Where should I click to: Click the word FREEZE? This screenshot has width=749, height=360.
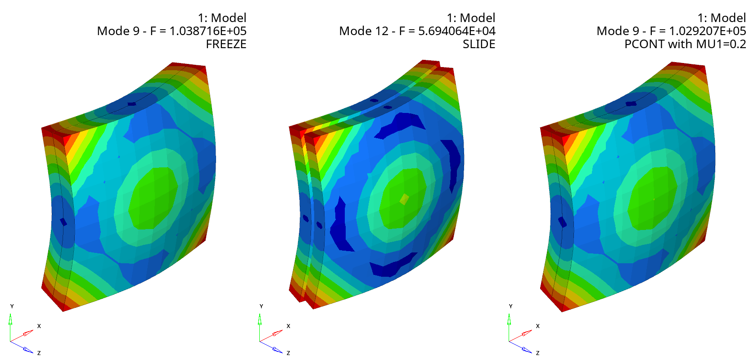226,44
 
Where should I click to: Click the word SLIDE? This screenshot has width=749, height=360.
479,44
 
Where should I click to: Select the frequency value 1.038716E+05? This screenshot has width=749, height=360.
208,31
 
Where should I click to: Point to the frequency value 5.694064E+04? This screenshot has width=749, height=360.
457,31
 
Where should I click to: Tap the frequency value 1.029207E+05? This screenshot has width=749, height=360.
707,31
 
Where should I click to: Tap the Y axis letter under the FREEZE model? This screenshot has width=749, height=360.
12,306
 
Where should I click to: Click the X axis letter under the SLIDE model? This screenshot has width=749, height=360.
288,326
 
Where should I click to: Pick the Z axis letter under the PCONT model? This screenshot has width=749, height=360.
537,353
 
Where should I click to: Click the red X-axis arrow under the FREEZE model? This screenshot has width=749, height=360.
27,333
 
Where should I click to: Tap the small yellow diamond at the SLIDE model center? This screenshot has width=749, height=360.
404,199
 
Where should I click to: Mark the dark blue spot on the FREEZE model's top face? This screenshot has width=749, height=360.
131,104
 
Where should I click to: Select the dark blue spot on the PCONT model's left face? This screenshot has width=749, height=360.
563,222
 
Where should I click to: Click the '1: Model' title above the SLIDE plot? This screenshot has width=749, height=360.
471,18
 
